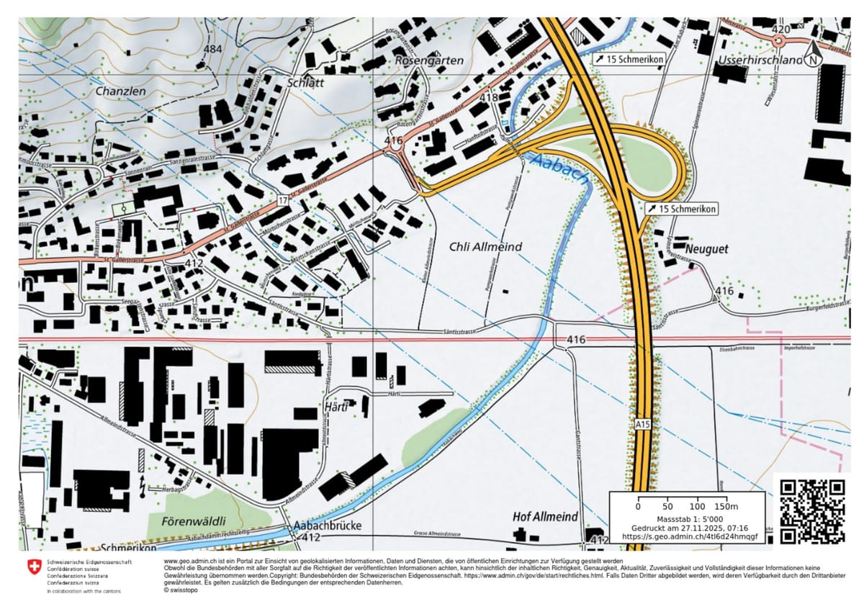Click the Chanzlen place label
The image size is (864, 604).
click(x=120, y=92)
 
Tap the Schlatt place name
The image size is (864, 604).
click(x=306, y=83)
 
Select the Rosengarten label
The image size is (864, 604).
click(x=429, y=61)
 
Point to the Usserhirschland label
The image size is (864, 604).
click(x=760, y=60)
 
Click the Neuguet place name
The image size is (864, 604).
click(x=707, y=249)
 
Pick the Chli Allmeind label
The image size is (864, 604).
click(x=485, y=247)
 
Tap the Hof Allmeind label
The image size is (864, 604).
click(x=545, y=517)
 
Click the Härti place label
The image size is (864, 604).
click(x=338, y=407)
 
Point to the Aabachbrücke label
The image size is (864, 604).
click(x=328, y=526)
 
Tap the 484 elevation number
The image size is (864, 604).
click(x=213, y=50)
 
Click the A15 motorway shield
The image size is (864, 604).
click(x=643, y=425)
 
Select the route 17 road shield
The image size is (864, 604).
click(x=283, y=199)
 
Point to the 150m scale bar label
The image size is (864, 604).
click(x=732, y=507)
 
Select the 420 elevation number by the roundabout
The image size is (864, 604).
click(x=780, y=30)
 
